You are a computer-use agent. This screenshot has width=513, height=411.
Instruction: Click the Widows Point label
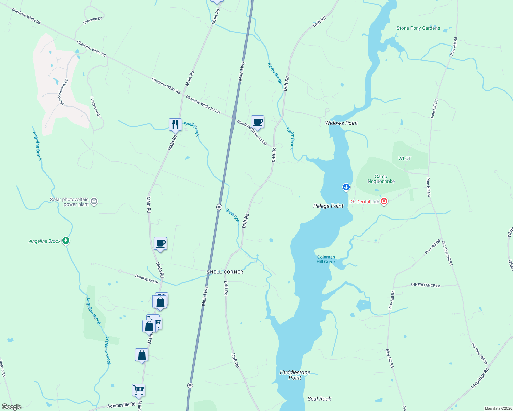pyautogui.click(x=341, y=123)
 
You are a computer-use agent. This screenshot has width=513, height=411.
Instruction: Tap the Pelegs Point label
pyautogui.click(x=328, y=206)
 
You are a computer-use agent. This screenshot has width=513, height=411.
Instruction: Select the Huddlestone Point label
pyautogui.click(x=295, y=375)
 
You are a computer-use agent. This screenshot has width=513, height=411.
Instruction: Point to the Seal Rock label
pyautogui.click(x=319, y=399)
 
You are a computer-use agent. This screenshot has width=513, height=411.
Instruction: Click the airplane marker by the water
pyautogui.click(x=346, y=187)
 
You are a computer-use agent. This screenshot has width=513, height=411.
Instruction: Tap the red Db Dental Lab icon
pyautogui.click(x=384, y=201)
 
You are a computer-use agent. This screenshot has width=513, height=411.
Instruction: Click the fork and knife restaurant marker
pyautogui.click(x=175, y=124)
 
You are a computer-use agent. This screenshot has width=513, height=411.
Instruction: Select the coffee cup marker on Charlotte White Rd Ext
pyautogui.click(x=258, y=122)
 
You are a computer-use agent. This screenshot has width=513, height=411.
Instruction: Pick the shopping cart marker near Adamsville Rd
pyautogui.click(x=139, y=390)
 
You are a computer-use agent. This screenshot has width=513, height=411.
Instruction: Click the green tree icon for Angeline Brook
pyautogui.click(x=66, y=241)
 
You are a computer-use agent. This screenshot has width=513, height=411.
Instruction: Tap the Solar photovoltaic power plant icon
pyautogui.click(x=94, y=201)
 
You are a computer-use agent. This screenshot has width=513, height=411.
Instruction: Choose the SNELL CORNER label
pyautogui.click(x=225, y=272)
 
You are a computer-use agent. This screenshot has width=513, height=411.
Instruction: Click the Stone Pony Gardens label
pyautogui.click(x=418, y=28)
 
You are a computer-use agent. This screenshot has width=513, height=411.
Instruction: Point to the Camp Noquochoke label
pyautogui.click(x=381, y=179)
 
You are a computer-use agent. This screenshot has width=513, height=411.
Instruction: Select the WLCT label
pyautogui.click(x=405, y=158)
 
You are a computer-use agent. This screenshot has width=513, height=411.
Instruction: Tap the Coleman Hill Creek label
pyautogui.click(x=326, y=259)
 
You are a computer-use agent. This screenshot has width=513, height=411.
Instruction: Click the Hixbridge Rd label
pyautogui.click(x=480, y=378)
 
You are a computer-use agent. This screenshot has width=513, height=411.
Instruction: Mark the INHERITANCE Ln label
pyautogui.click(x=426, y=285)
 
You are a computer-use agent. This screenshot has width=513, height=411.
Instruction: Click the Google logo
pyautogui.click(x=12, y=407)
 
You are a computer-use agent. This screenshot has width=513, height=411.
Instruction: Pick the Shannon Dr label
pyautogui.click(x=92, y=21)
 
